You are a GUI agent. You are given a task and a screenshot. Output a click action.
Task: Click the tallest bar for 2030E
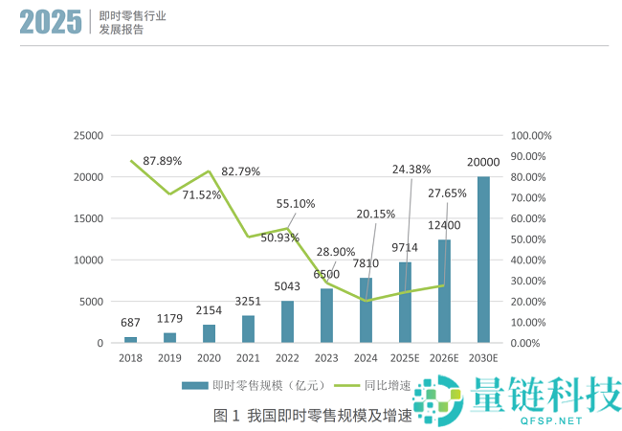coord(483,260)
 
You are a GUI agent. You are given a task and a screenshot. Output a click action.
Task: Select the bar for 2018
coord(130,339)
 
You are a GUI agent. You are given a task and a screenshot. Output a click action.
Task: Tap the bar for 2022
coord(287,322)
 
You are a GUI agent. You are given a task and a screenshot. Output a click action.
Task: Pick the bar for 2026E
coord(444,291)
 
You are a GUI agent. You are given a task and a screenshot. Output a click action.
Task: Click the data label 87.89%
coord(163,161)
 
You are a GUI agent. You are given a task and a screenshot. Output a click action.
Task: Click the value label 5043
coord(287,285)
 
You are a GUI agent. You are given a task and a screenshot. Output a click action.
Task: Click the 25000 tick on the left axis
coord(88,136)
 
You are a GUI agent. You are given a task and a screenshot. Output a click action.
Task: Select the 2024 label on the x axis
coord(366,357)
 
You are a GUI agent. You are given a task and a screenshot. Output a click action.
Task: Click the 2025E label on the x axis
coord(405,357)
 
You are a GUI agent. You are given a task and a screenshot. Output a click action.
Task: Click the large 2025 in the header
coord(51,23)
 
